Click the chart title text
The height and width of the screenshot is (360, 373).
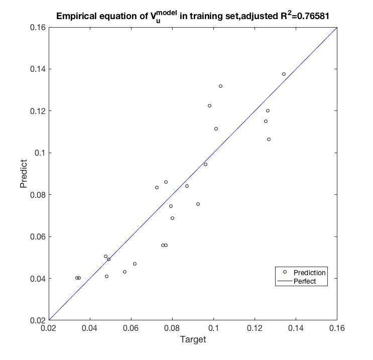coord(193,16)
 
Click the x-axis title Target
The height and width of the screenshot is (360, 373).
coord(193,340)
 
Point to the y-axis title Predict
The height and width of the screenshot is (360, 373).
coord(23,174)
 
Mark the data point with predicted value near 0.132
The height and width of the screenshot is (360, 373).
coord(220,86)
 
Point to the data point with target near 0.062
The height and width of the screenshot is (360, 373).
coord(135,264)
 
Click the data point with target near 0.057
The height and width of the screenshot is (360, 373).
coord(125,272)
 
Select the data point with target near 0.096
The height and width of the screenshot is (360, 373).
coord(205,164)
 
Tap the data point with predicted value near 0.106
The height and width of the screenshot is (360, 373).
coord(269,139)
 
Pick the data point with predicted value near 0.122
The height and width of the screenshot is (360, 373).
coord(209,105)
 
